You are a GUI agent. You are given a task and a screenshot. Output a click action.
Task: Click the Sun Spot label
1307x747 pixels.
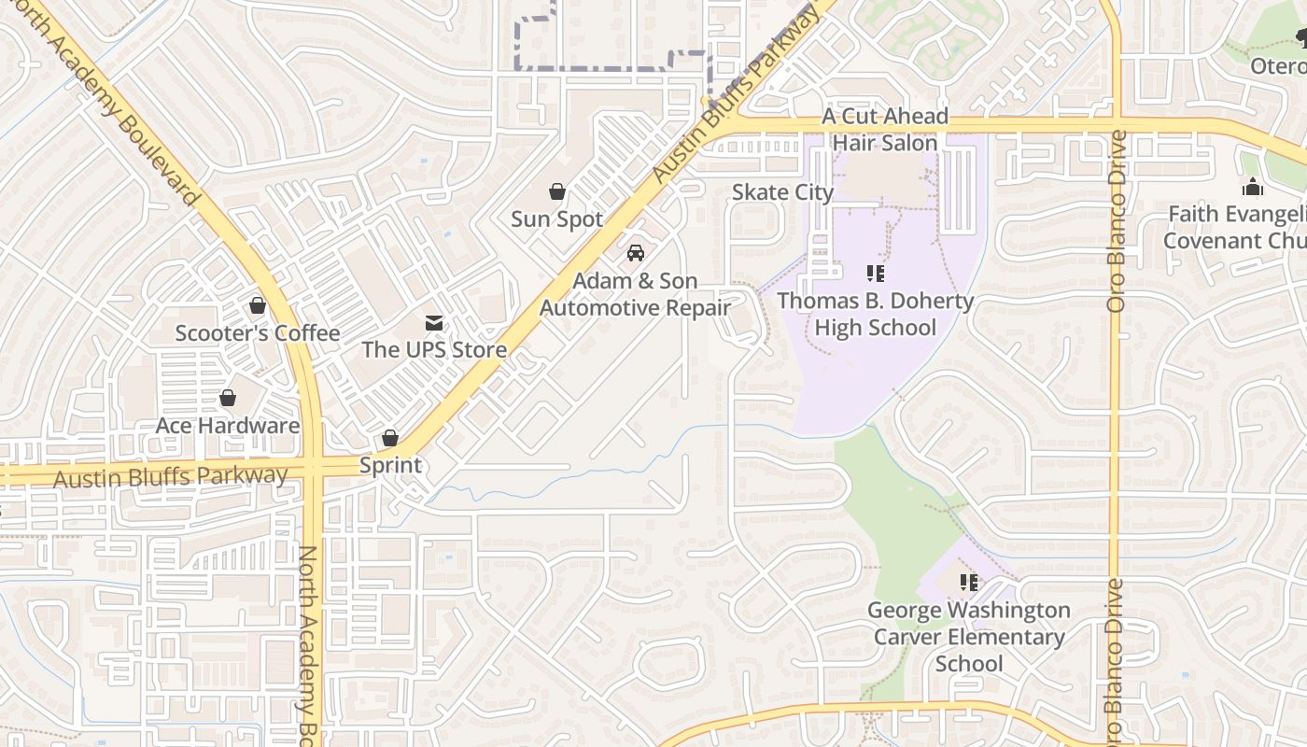click(x=556, y=219)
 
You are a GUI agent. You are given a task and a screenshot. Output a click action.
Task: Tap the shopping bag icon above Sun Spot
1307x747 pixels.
click(x=557, y=192)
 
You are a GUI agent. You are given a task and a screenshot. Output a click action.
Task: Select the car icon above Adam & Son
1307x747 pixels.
click(x=636, y=253)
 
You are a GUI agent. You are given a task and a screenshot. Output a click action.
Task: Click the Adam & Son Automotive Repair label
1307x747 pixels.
click(x=635, y=294)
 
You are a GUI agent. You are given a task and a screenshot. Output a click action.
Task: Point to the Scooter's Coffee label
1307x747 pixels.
click(x=258, y=333)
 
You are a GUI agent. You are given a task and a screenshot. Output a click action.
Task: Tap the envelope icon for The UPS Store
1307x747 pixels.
click(x=434, y=323)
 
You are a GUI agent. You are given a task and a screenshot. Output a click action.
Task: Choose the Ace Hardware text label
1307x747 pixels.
click(x=228, y=426)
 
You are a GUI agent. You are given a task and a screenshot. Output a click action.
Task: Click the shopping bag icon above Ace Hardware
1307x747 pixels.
click(x=228, y=399)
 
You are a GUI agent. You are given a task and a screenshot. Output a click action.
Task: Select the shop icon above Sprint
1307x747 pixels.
click(x=390, y=438)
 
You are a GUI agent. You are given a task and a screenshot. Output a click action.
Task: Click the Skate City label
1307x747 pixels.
click(x=782, y=192)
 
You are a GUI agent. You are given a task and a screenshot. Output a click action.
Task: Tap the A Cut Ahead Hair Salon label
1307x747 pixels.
click(x=885, y=130)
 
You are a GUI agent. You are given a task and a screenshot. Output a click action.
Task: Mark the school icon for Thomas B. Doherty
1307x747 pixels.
click(x=876, y=274)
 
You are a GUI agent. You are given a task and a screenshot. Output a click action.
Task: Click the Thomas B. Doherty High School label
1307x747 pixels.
click(x=876, y=315)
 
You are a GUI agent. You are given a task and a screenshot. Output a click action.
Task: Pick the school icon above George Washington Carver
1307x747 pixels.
click(x=969, y=583)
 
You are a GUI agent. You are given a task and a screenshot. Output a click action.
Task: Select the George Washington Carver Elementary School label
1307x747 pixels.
click(x=969, y=637)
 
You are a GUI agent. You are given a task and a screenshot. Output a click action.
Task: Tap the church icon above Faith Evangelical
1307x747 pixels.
click(x=1253, y=188)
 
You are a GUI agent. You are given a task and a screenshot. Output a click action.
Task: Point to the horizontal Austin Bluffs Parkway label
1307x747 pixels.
click(x=171, y=477)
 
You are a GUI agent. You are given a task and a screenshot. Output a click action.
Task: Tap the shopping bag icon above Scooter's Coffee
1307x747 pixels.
click(x=258, y=306)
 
